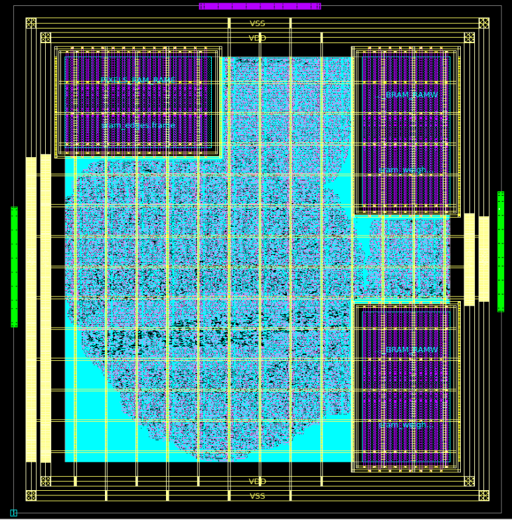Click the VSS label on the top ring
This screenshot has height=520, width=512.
pyautogui.click(x=257, y=24)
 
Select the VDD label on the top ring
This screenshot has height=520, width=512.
pyautogui.click(x=257, y=38)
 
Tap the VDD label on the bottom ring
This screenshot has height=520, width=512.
pyautogui.click(x=257, y=482)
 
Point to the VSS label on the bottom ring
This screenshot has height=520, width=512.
pyautogui.click(x=257, y=496)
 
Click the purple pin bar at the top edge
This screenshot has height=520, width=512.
pyautogui.click(x=260, y=6)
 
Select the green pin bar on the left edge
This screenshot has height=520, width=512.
pyautogui.click(x=14, y=267)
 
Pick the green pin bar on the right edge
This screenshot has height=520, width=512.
pyautogui.click(x=501, y=251)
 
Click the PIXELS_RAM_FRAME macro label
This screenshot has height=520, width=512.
pyautogui.click(x=138, y=81)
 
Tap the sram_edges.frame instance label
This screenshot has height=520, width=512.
pyautogui.click(x=138, y=125)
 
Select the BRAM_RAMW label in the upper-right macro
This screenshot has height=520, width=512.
pyautogui.click(x=412, y=96)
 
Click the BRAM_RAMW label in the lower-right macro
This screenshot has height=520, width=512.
pyautogui.click(x=412, y=350)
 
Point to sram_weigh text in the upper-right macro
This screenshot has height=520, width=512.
pyautogui.click(x=403, y=170)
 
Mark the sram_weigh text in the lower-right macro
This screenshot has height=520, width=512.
pyautogui.click(x=403, y=425)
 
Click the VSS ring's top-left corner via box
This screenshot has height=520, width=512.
pyautogui.click(x=31, y=23)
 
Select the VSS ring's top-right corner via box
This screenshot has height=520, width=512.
pyautogui.click(x=483, y=23)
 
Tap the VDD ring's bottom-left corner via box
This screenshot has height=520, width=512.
pyautogui.click(x=45, y=482)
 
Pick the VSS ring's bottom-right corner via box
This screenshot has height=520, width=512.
pyautogui.click(x=483, y=495)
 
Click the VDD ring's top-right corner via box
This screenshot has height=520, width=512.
pyautogui.click(x=469, y=38)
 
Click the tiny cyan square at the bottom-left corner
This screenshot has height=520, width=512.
pyautogui.click(x=13, y=513)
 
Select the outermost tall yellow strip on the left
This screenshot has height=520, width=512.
pyautogui.click(x=31, y=309)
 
